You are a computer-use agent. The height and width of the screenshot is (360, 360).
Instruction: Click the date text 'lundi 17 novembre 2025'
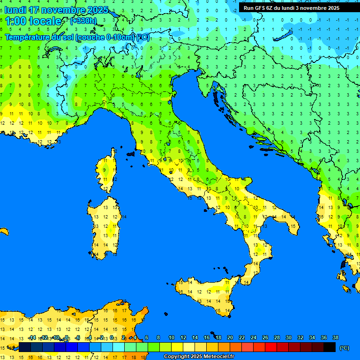click(x=57, y=10)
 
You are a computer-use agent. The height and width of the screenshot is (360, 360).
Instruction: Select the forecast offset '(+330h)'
click(x=83, y=21)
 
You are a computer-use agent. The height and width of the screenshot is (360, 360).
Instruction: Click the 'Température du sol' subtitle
click(x=77, y=37)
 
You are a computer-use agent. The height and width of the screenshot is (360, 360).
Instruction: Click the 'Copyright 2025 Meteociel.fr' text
click(x=199, y=357)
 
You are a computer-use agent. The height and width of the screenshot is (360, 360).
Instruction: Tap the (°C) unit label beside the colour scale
click(x=344, y=348)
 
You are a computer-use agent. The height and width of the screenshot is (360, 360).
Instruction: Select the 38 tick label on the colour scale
click(x=335, y=337)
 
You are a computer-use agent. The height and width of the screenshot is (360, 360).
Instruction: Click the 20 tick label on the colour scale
click(x=230, y=337)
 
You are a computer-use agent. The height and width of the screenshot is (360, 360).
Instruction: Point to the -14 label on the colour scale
click(x=32, y=337)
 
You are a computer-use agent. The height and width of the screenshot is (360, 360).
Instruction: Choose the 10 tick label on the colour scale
click(x=172, y=337)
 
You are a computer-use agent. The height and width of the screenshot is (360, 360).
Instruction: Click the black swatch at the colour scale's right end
click(x=330, y=347)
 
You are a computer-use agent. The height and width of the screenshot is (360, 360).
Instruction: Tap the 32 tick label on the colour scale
click(x=300, y=337)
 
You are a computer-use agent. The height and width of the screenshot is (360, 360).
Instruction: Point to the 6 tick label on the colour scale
click(x=147, y=337)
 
